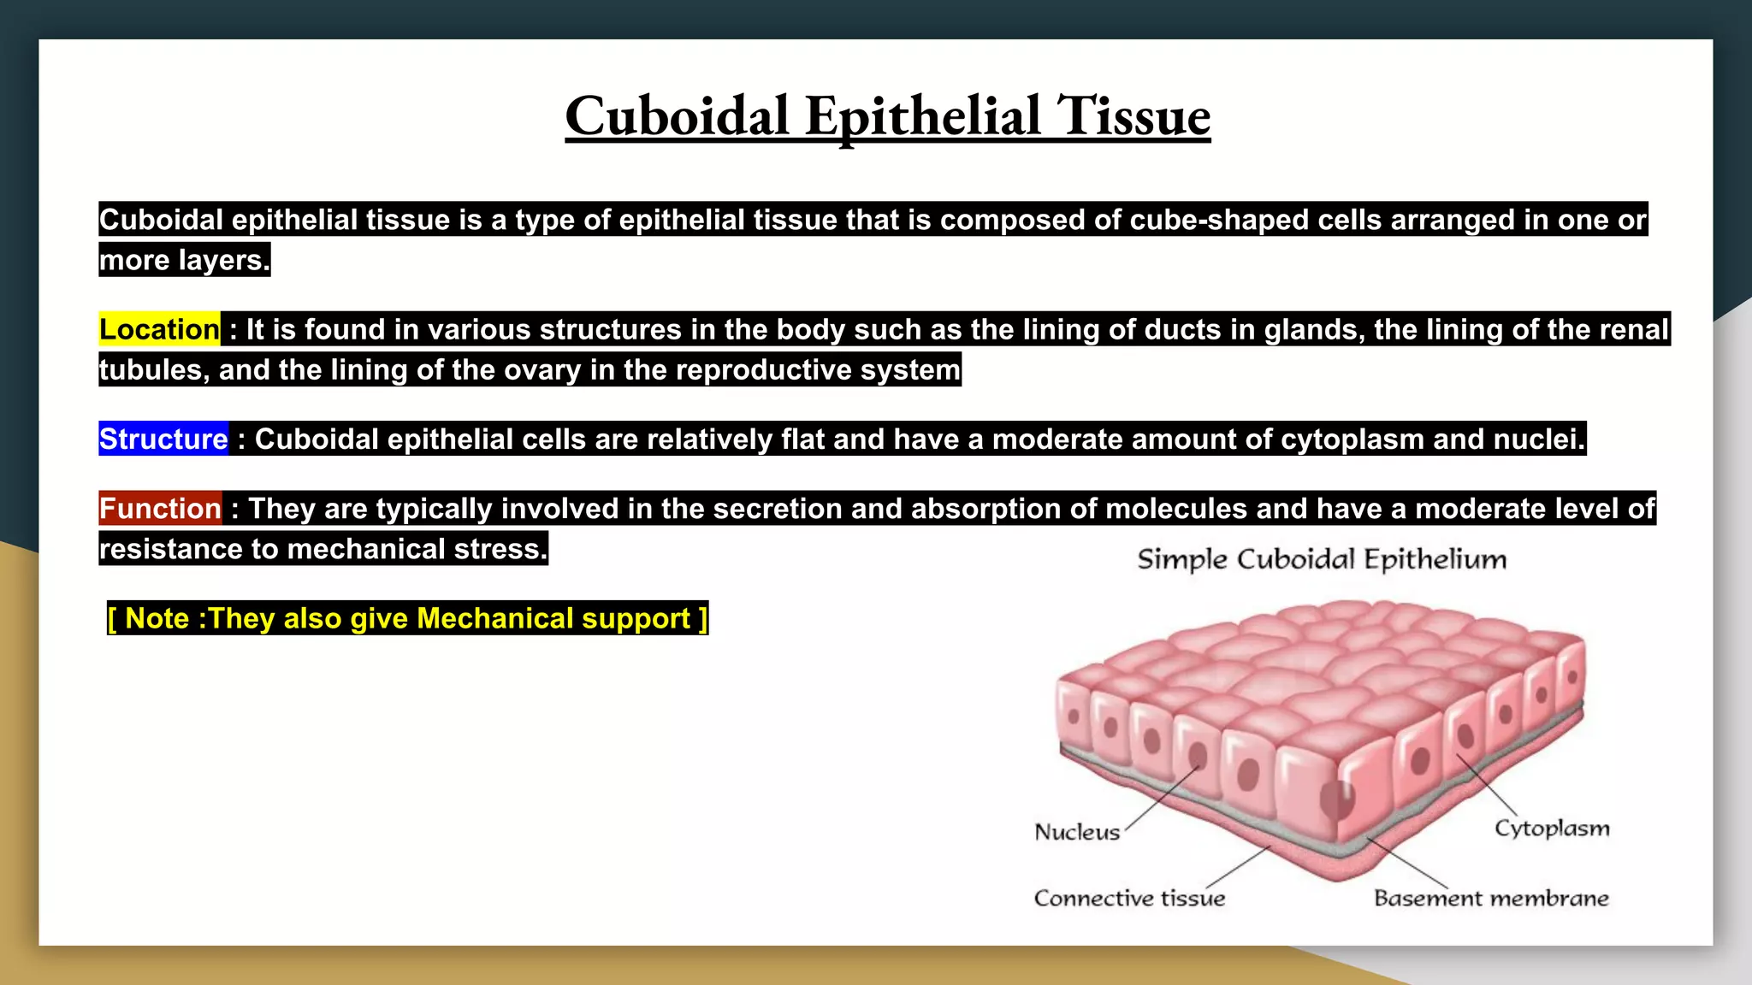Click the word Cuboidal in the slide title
click(x=677, y=116)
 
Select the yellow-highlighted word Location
click(x=160, y=329)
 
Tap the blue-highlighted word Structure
click(x=163, y=439)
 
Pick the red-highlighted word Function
click(x=160, y=509)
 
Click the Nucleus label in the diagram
click(x=1077, y=832)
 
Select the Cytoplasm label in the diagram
click(x=1552, y=828)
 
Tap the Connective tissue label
click(x=1129, y=898)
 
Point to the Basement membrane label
click(x=1491, y=898)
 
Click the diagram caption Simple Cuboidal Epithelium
click(x=1322, y=559)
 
